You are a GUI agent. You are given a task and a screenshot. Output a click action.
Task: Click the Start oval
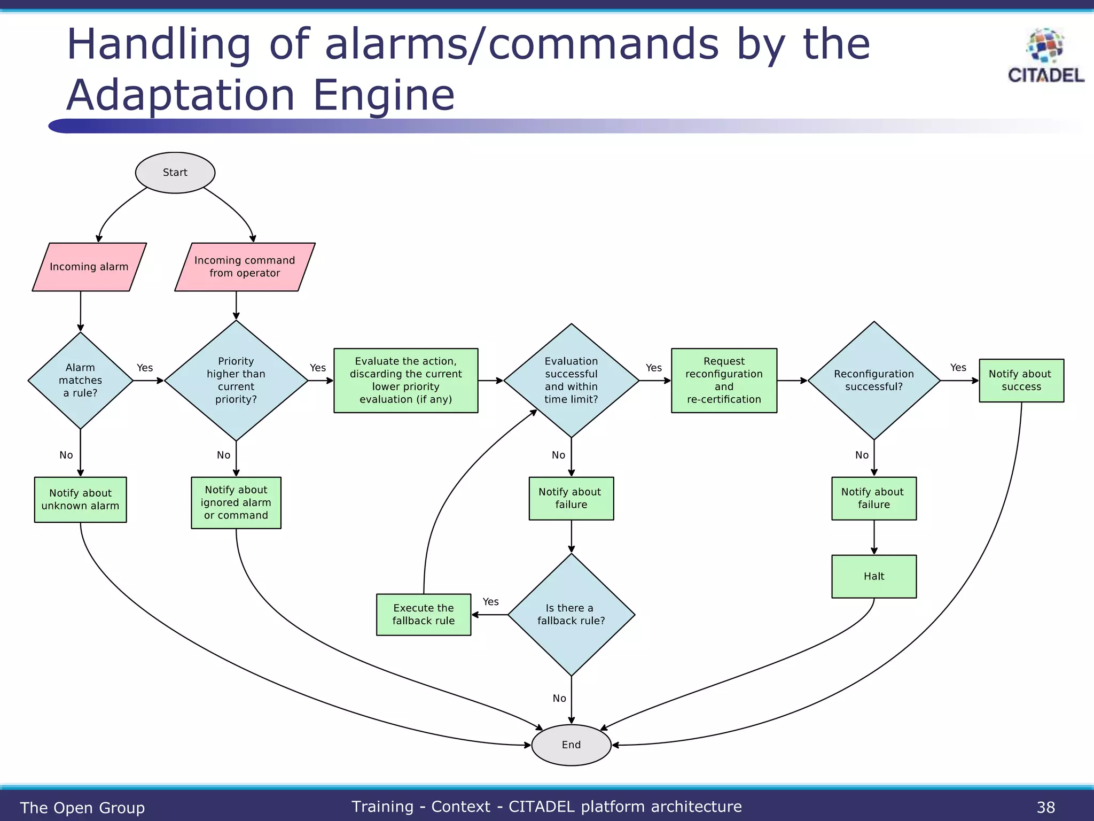175,173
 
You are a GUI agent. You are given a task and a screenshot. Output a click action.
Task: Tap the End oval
571,745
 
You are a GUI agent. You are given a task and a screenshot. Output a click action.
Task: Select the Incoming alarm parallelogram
89,267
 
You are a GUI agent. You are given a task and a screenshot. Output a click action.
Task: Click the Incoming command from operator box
245,267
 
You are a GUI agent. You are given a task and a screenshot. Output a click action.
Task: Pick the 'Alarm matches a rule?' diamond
80,381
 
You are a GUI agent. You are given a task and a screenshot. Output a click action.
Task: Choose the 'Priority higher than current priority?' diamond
236,381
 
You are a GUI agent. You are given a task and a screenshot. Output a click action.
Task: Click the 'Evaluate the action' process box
406,381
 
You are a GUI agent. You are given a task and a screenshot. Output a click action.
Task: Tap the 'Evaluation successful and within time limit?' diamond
571,381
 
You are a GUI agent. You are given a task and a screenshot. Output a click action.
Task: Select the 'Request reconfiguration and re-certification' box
724,381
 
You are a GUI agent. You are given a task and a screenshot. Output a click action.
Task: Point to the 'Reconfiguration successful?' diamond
874,381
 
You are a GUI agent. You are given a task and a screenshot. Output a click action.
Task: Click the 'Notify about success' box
1021,381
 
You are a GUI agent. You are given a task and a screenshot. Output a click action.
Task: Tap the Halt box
874,576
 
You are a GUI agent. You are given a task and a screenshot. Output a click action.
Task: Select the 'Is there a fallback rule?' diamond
571,615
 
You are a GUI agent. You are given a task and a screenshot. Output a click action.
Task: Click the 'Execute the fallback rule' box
424,615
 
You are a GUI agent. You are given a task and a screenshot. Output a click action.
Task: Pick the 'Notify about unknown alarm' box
80,500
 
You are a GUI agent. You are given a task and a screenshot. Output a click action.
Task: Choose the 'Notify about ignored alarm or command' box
236,502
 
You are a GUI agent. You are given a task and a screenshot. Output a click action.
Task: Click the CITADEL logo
1045,56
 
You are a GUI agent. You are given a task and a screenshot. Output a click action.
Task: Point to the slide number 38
1045,807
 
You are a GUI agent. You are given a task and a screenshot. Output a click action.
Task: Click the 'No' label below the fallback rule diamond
559,698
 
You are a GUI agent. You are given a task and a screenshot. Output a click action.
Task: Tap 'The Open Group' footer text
82,808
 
